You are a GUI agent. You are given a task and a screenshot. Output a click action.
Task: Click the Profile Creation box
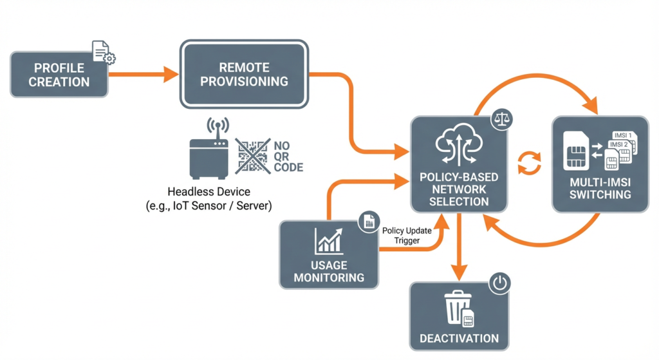59,75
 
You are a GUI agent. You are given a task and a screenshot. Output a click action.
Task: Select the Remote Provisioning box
244,75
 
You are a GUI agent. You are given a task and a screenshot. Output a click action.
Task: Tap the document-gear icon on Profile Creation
104,52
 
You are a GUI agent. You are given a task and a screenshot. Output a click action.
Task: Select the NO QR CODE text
288,156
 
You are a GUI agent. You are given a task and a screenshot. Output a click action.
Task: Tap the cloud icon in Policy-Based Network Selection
458,146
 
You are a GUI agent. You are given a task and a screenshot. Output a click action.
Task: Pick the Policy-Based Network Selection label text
458,189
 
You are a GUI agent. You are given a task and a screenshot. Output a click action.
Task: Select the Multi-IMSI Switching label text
600,188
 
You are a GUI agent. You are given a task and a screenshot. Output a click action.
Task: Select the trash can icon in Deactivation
458,308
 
